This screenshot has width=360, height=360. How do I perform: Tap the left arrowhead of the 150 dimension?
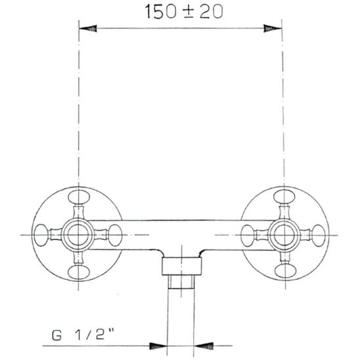click(x=89, y=28)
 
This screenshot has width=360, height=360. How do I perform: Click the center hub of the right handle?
click(x=282, y=233)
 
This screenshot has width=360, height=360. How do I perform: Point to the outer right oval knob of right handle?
click(x=318, y=233)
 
